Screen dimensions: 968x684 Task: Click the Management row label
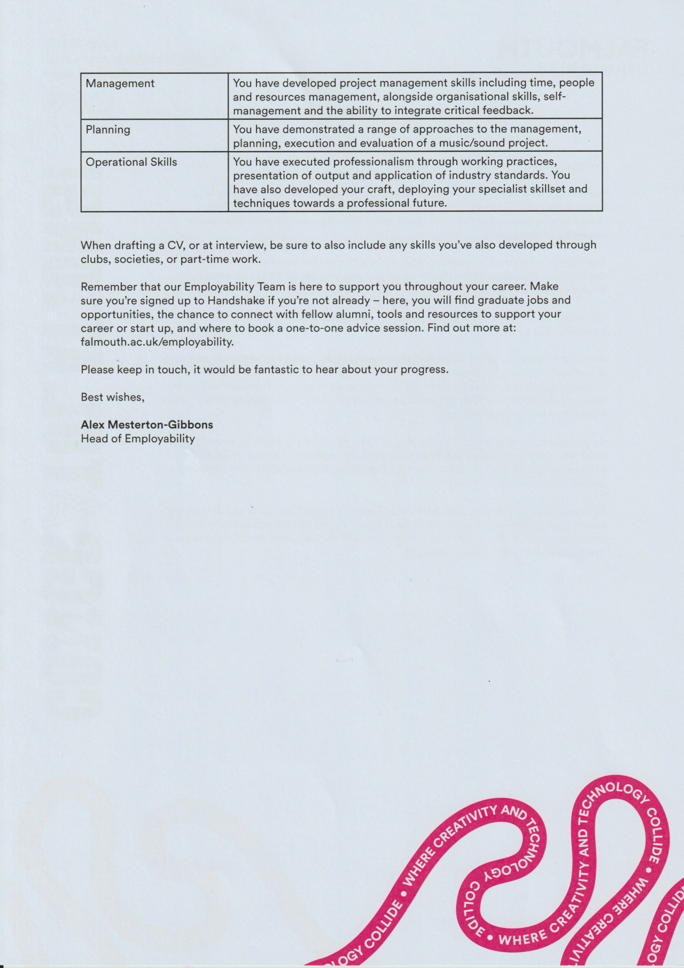[120, 83]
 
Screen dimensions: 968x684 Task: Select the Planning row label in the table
[107, 129]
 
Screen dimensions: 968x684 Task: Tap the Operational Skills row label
[131, 162]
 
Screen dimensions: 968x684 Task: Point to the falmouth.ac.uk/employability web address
[157, 342]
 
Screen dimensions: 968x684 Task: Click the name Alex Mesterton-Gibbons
[146, 425]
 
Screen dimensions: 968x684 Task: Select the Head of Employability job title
[137, 439]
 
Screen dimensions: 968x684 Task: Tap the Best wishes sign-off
[112, 397]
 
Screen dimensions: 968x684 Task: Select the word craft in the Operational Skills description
[379, 189]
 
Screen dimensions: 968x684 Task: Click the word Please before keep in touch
[97, 369]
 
